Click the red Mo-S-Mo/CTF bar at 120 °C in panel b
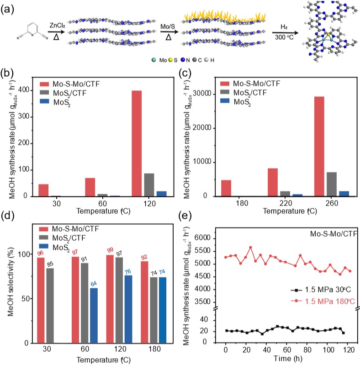(137, 143)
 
